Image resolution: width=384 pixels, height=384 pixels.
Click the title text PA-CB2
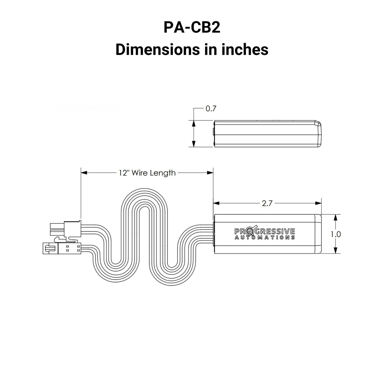192,28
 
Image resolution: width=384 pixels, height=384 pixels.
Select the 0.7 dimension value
211,109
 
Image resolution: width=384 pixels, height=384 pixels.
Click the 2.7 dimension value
267,203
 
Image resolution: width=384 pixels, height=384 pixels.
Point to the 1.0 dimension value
336,234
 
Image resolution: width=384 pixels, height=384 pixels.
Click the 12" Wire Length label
147,173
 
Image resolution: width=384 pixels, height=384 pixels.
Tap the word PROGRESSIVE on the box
265,231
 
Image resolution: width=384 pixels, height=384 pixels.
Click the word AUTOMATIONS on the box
265,238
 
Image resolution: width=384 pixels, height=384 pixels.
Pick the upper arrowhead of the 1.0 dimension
336,217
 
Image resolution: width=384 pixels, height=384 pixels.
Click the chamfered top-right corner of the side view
318,124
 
